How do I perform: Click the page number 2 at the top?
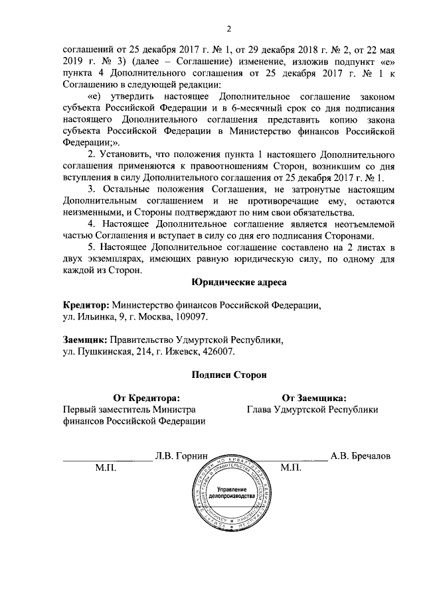tap(228, 29)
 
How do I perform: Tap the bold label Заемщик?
tap(85, 340)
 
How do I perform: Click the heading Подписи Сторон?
tap(228, 375)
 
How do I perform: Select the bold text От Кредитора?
tap(146, 398)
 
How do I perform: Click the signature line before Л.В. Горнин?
tap(106, 459)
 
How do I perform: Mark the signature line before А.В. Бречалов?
tap(292, 459)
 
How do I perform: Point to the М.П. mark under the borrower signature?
tap(292, 468)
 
